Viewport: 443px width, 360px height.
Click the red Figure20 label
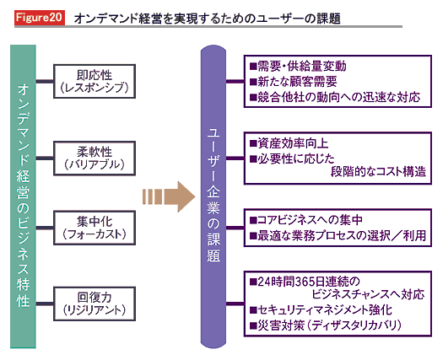coord(40,18)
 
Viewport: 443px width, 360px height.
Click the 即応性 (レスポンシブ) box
coord(95,81)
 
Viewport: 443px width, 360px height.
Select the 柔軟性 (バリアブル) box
coord(95,159)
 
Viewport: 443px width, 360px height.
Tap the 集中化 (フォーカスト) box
coord(95,228)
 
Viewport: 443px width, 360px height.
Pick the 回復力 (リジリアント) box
coord(95,304)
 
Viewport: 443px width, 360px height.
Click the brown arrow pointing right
coord(169,196)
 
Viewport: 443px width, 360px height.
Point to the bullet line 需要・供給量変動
coord(298,67)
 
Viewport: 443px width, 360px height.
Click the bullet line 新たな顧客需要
coord(294,82)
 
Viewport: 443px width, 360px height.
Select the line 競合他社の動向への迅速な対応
coord(335,97)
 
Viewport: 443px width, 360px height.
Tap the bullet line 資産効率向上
coord(289,143)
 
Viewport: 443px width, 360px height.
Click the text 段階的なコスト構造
coord(378,172)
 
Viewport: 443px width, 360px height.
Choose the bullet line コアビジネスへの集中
coord(306,220)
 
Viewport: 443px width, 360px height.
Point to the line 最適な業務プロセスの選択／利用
coord(338,235)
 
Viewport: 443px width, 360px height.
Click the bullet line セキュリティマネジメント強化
coord(321,310)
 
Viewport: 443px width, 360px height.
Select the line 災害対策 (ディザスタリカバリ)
coord(326,325)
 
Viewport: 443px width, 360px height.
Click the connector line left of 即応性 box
coord(45,81)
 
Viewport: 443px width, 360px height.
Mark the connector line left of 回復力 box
coord(45,304)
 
